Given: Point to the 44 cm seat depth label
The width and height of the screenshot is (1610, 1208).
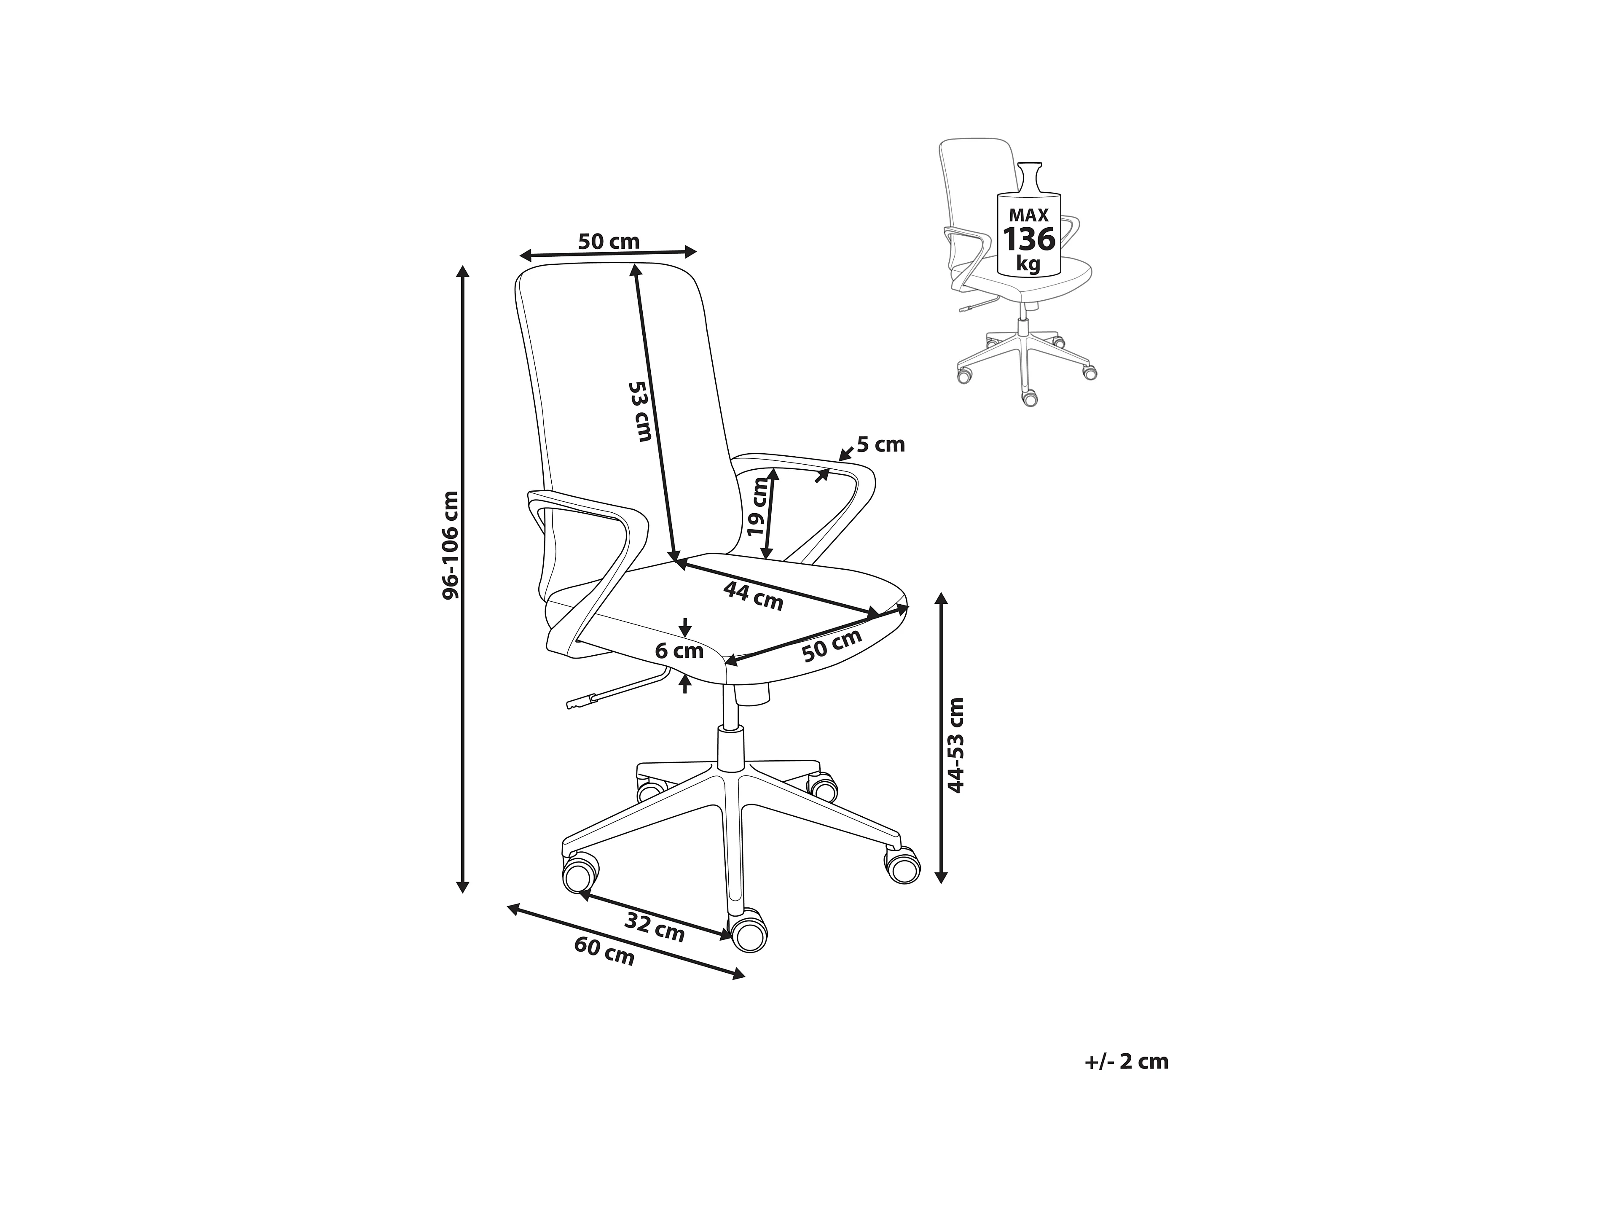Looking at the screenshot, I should click(753, 596).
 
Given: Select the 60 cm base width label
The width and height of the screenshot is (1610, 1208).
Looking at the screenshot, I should click(604, 952).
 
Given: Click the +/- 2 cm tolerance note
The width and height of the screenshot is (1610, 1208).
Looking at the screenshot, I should click(1126, 1062).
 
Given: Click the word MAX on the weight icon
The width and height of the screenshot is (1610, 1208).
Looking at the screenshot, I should click(1028, 215).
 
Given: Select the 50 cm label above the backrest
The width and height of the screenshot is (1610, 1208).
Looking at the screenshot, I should click(609, 241).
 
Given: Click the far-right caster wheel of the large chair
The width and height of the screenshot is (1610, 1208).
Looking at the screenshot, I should click(902, 866).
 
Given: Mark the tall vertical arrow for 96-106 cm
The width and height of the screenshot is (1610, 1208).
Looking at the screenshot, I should click(462, 579).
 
